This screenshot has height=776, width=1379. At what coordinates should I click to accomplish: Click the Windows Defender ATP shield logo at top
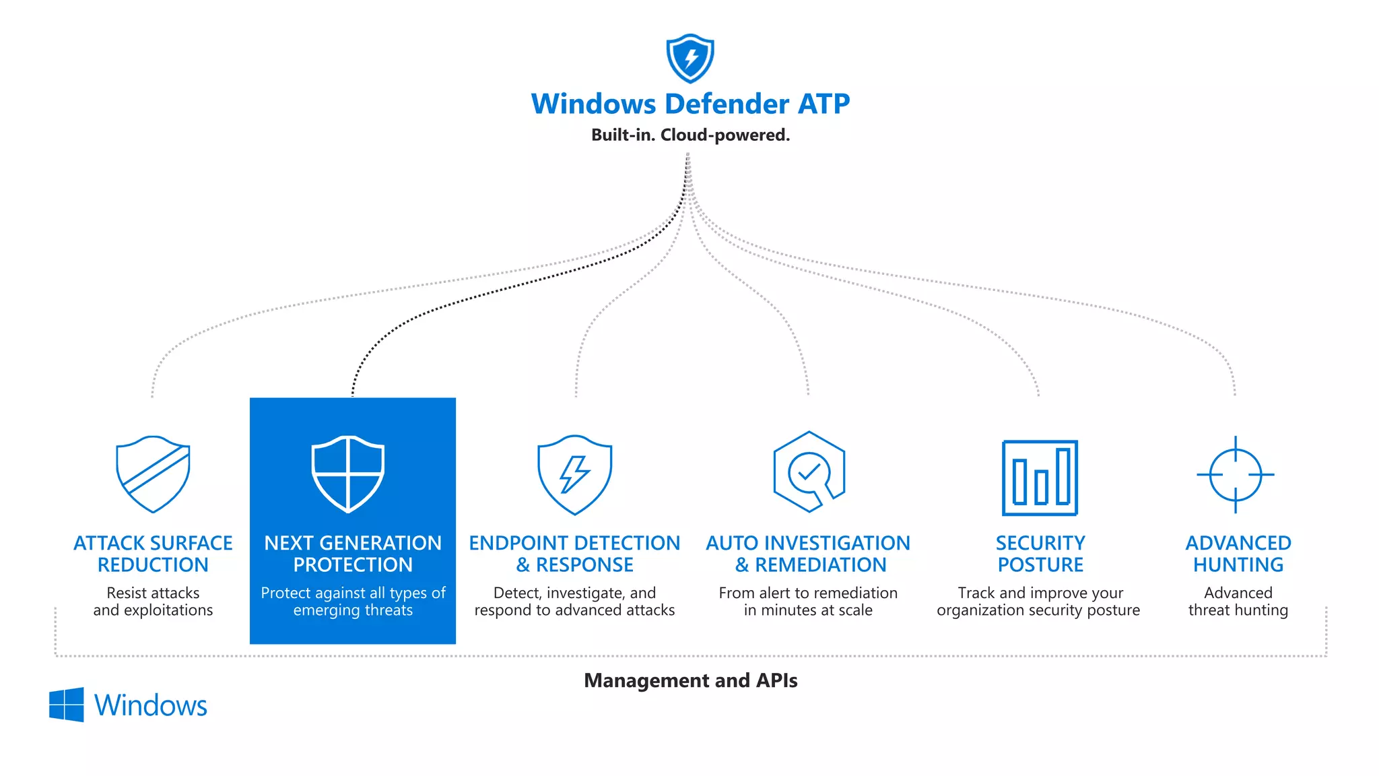click(689, 58)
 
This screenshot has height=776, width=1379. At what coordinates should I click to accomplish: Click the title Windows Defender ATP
click(689, 104)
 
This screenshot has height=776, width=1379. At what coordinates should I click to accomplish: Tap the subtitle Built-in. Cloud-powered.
click(689, 135)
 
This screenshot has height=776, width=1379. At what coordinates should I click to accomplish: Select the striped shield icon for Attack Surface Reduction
click(153, 474)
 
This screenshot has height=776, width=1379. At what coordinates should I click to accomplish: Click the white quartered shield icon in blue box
click(347, 474)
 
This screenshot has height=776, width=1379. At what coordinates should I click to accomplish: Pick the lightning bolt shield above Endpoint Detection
click(574, 475)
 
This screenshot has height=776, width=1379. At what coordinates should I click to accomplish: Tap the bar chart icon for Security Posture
click(1040, 478)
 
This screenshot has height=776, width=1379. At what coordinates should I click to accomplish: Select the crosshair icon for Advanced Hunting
click(1235, 474)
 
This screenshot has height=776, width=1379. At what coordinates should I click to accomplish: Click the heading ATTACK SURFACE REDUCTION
click(153, 554)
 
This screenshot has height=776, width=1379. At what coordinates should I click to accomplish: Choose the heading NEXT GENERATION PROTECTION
click(353, 554)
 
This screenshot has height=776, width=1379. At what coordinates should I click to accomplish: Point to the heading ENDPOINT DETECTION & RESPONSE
click(574, 554)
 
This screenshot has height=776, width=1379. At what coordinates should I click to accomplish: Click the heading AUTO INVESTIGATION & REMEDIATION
click(808, 554)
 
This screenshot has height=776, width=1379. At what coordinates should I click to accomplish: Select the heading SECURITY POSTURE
click(1040, 554)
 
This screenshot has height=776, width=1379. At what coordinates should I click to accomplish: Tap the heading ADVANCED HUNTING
click(1238, 554)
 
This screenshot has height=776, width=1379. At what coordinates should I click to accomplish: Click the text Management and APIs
click(690, 680)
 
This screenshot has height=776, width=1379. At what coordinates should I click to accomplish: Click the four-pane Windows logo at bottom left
click(67, 705)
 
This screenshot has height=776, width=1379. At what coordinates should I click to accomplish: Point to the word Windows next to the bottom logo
click(150, 705)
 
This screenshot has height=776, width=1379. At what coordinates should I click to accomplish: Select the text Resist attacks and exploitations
click(153, 602)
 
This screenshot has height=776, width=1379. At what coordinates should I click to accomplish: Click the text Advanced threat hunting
click(1238, 602)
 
